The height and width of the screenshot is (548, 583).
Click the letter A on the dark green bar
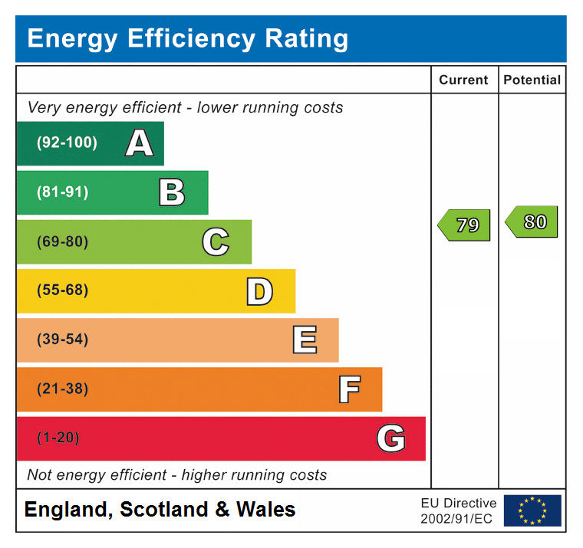point(139,143)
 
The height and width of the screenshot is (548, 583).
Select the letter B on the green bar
point(172,192)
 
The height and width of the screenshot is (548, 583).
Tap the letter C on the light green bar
point(216,242)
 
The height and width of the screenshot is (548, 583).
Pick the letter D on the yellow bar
point(259,291)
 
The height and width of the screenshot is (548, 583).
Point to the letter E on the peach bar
point(305,340)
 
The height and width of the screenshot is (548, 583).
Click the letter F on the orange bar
point(349,389)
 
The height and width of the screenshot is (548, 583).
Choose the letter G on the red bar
point(390,439)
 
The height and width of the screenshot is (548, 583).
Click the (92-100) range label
point(68,143)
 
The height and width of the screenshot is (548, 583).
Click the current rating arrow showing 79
point(465,225)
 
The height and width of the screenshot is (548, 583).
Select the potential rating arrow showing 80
point(532,222)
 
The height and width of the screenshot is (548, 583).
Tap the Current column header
point(463,80)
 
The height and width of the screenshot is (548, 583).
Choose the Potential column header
point(532,80)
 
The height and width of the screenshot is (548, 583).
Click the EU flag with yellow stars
point(532,510)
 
